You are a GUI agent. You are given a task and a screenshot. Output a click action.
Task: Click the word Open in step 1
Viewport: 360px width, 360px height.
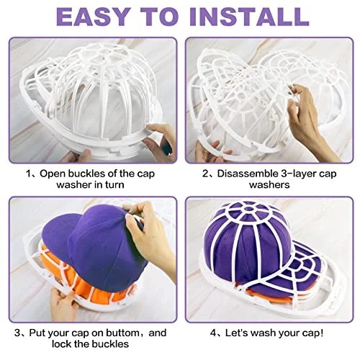point(53,174)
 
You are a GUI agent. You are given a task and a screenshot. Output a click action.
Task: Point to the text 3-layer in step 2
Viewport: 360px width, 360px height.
point(299,174)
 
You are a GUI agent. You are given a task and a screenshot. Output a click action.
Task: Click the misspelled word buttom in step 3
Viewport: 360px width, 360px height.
point(122,333)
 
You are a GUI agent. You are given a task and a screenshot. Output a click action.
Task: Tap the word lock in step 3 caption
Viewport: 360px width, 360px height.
point(61,344)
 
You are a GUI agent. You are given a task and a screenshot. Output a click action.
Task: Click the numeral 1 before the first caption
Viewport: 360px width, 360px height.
point(29,174)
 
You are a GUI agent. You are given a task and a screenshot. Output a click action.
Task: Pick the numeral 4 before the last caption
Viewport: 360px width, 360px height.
point(213,333)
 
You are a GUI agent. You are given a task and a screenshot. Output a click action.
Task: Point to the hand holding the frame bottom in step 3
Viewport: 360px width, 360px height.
point(63,304)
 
